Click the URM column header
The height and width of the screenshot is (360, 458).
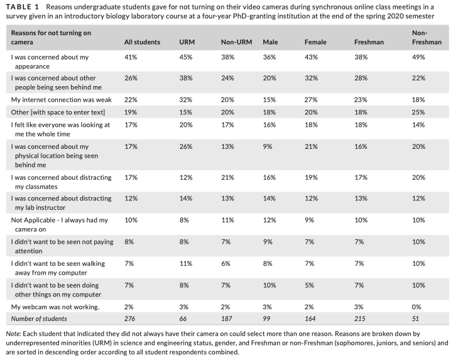point(187,42)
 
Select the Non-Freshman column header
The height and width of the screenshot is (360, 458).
point(427,38)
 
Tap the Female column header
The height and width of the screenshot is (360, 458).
point(315,42)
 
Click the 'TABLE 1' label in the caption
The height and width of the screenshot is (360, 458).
point(22,7)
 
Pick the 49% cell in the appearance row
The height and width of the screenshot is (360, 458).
point(418,57)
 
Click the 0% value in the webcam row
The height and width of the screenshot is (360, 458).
point(417,307)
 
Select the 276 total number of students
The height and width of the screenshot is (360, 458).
point(129,319)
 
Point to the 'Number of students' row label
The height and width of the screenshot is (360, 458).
point(39,319)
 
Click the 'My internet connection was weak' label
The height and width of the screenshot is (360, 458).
point(62,100)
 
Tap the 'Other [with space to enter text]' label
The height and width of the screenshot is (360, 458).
point(58,112)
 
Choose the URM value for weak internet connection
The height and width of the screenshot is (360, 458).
point(186,100)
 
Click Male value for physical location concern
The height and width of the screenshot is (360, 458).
point(267,146)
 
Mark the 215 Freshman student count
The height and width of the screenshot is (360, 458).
point(360,319)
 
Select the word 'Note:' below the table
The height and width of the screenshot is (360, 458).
point(13,334)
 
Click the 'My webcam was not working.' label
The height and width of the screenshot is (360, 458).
point(55,307)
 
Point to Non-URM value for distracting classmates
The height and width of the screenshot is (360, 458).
point(227,177)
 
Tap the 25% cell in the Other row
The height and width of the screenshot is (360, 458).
point(418,112)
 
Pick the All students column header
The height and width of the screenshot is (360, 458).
point(142,42)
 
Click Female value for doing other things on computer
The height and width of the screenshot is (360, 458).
point(309,285)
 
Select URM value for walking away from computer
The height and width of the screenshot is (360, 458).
point(186,264)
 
